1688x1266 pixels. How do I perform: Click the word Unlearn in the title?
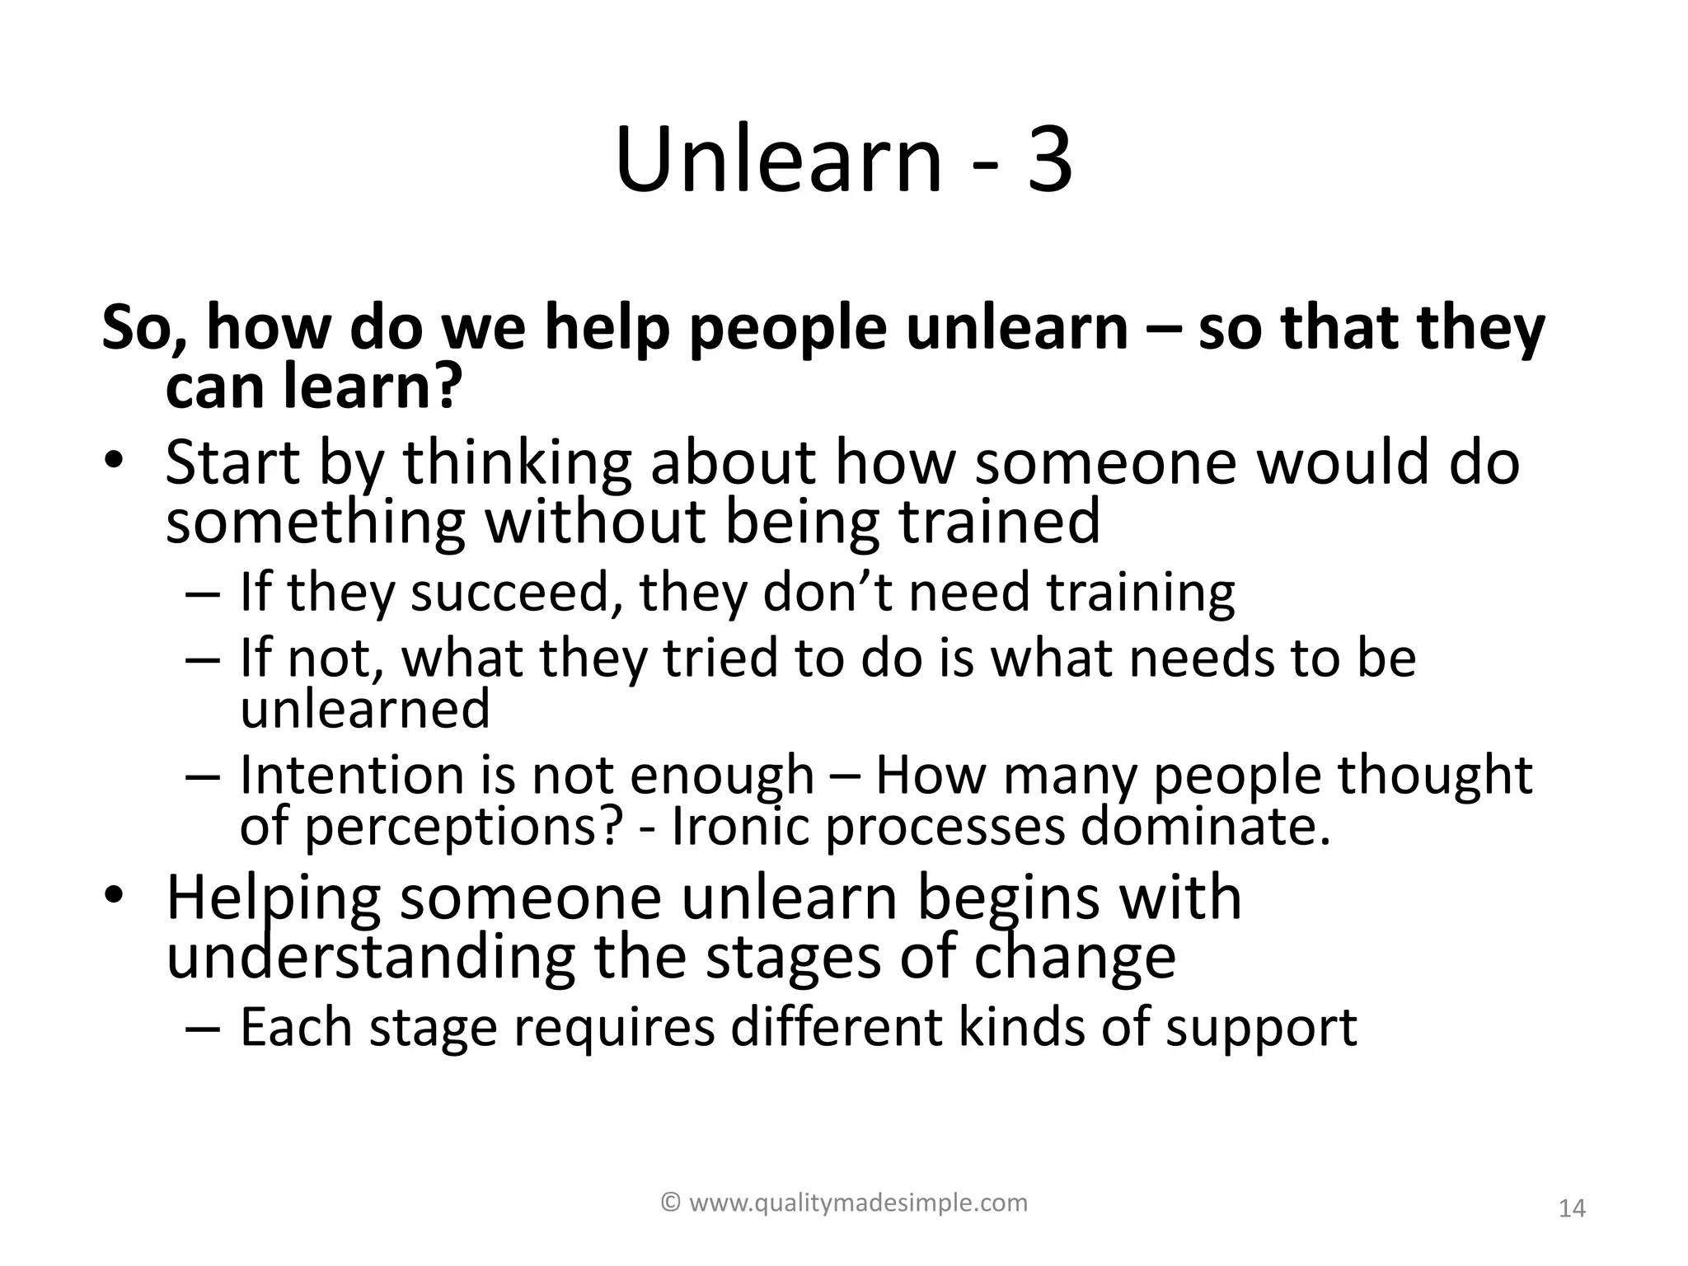778,160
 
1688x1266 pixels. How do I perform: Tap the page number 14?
1573,1209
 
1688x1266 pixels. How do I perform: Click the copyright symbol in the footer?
672,1203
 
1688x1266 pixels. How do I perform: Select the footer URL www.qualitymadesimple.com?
858,1203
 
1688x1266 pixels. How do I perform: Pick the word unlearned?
364,709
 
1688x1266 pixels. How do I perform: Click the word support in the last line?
1260,1029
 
